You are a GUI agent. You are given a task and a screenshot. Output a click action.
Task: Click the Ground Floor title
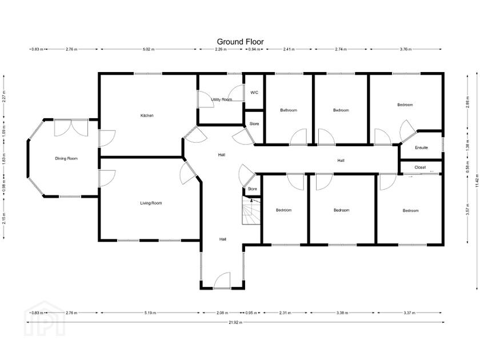[x=240, y=41]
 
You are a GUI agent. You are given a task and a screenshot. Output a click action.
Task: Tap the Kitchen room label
[x=147, y=116]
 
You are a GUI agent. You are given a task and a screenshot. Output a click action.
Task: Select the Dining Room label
[x=66, y=158]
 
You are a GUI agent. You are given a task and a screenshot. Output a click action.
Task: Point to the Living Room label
[x=151, y=203]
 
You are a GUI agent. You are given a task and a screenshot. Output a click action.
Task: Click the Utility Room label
[x=222, y=99]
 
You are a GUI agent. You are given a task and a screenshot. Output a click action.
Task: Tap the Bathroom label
[x=289, y=110]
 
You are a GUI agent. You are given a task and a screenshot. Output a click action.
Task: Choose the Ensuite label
[x=422, y=147]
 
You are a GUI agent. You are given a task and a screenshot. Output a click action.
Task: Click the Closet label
[x=421, y=167]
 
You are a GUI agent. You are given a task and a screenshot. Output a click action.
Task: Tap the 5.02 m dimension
[x=149, y=50]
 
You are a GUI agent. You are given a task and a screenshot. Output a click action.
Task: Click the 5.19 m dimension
[x=150, y=313]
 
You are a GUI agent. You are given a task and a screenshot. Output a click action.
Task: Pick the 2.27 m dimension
[x=5, y=97]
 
